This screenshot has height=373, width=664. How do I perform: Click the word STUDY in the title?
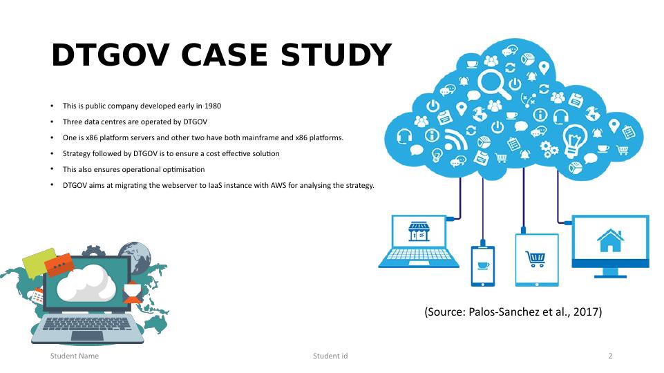click(335, 55)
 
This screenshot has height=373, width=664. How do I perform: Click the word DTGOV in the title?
click(111, 55)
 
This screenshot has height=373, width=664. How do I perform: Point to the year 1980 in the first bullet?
click(213, 106)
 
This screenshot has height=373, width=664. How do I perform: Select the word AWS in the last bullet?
click(278, 185)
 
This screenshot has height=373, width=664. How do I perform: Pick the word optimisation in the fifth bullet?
click(184, 169)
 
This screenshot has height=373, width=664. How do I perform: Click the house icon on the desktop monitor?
click(610, 240)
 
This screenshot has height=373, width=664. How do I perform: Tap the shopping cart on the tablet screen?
click(536, 259)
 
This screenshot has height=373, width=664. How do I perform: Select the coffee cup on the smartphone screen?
click(483, 265)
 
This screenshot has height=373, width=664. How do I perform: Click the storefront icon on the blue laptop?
click(419, 231)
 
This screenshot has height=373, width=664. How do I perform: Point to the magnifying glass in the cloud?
click(494, 84)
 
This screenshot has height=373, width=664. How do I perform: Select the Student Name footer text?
click(75, 356)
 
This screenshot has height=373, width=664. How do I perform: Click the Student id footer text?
click(330, 356)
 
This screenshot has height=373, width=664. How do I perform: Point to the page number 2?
click(610, 356)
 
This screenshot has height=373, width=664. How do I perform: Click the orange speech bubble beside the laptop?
click(59, 265)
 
